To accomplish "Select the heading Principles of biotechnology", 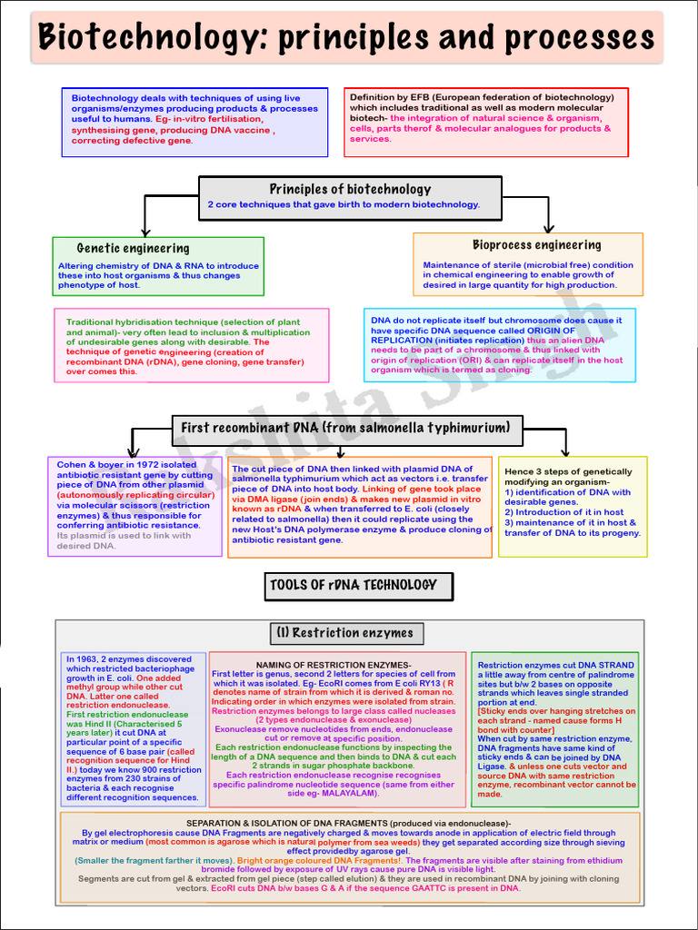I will pyautogui.click(x=350, y=189).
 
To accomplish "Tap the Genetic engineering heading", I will pyautogui.click(x=133, y=248).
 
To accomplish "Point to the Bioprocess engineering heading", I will pyautogui.click(x=536, y=244).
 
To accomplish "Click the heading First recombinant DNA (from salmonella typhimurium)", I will pyautogui.click(x=346, y=428).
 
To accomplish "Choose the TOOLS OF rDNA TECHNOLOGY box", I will pyautogui.click(x=353, y=585).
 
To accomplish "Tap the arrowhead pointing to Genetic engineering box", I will pyautogui.click(x=144, y=232).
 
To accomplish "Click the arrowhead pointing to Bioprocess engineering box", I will pyautogui.click(x=548, y=228).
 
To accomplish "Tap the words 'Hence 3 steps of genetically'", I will pyautogui.click(x=568, y=471).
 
